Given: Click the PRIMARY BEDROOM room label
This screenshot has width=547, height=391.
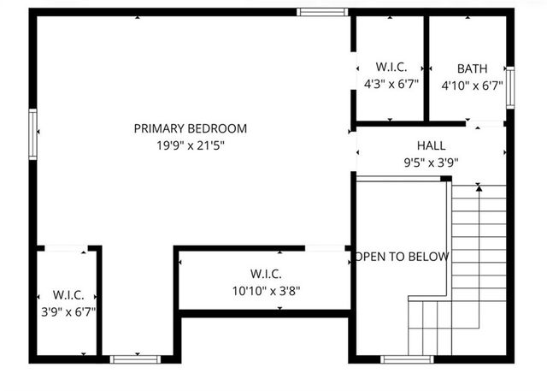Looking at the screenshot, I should (x=190, y=128).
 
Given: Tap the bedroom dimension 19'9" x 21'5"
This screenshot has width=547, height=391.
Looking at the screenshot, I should (x=190, y=145).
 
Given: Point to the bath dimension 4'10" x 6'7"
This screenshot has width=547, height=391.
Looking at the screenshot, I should (x=469, y=86).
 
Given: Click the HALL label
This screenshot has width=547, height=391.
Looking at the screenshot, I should (x=431, y=145).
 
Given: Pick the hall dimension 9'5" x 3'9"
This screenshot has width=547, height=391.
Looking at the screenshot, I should (x=431, y=162).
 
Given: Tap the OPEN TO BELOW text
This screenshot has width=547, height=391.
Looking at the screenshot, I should (x=401, y=256).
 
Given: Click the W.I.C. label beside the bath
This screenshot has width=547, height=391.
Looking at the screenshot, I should (x=391, y=67).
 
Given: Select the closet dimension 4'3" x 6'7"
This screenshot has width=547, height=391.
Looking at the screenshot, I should (x=391, y=84).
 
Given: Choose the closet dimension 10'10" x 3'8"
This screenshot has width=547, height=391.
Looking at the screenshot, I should (x=265, y=290).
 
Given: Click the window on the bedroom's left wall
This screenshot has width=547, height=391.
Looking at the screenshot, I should (x=33, y=134).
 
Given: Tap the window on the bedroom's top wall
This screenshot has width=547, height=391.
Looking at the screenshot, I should (x=322, y=12).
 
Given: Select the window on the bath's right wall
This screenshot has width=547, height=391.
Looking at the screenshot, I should (x=509, y=87).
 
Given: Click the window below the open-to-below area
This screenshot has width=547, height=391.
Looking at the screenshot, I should (x=406, y=358).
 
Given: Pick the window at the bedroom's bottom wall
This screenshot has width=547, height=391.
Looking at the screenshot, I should (x=137, y=358).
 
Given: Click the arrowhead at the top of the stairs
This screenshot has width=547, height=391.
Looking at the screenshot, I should (x=479, y=187).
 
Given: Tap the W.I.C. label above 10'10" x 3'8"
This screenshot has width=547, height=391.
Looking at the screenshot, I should (x=265, y=274).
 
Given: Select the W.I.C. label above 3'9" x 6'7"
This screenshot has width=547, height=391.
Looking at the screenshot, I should (x=68, y=295).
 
